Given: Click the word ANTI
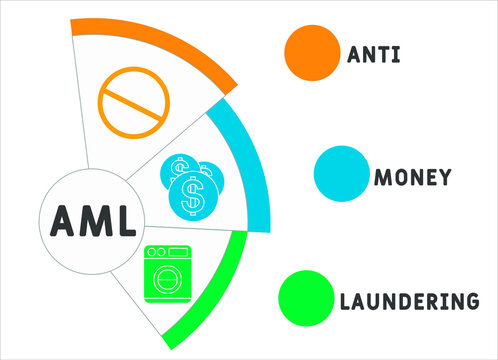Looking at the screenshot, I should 373,53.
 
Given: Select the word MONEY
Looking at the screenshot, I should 411,177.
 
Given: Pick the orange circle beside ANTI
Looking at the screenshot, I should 311,52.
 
